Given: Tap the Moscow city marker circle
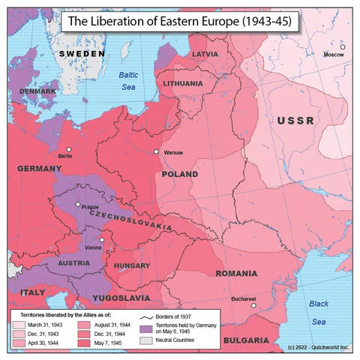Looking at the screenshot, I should pos(342,47).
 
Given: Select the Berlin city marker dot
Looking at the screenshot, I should pos(69,148).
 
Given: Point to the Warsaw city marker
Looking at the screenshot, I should pos(157,152).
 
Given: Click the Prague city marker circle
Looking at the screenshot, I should pos(77,204).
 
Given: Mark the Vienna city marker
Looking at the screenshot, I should pos(102,240).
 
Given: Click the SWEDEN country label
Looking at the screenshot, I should pos(82,55).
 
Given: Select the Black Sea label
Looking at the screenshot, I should pos(320,312).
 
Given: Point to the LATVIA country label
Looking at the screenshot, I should pos(205,55).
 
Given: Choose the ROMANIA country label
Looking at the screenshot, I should pos(236,273).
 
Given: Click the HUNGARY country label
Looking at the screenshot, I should pos(133,266).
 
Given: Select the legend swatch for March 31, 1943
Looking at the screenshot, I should pos(19,325).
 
